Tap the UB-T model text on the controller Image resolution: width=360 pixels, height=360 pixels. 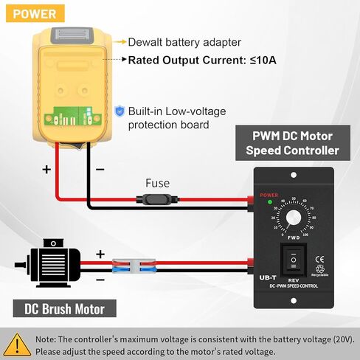coord(269,278)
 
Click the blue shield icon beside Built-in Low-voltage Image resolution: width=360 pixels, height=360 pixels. coord(120,111)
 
